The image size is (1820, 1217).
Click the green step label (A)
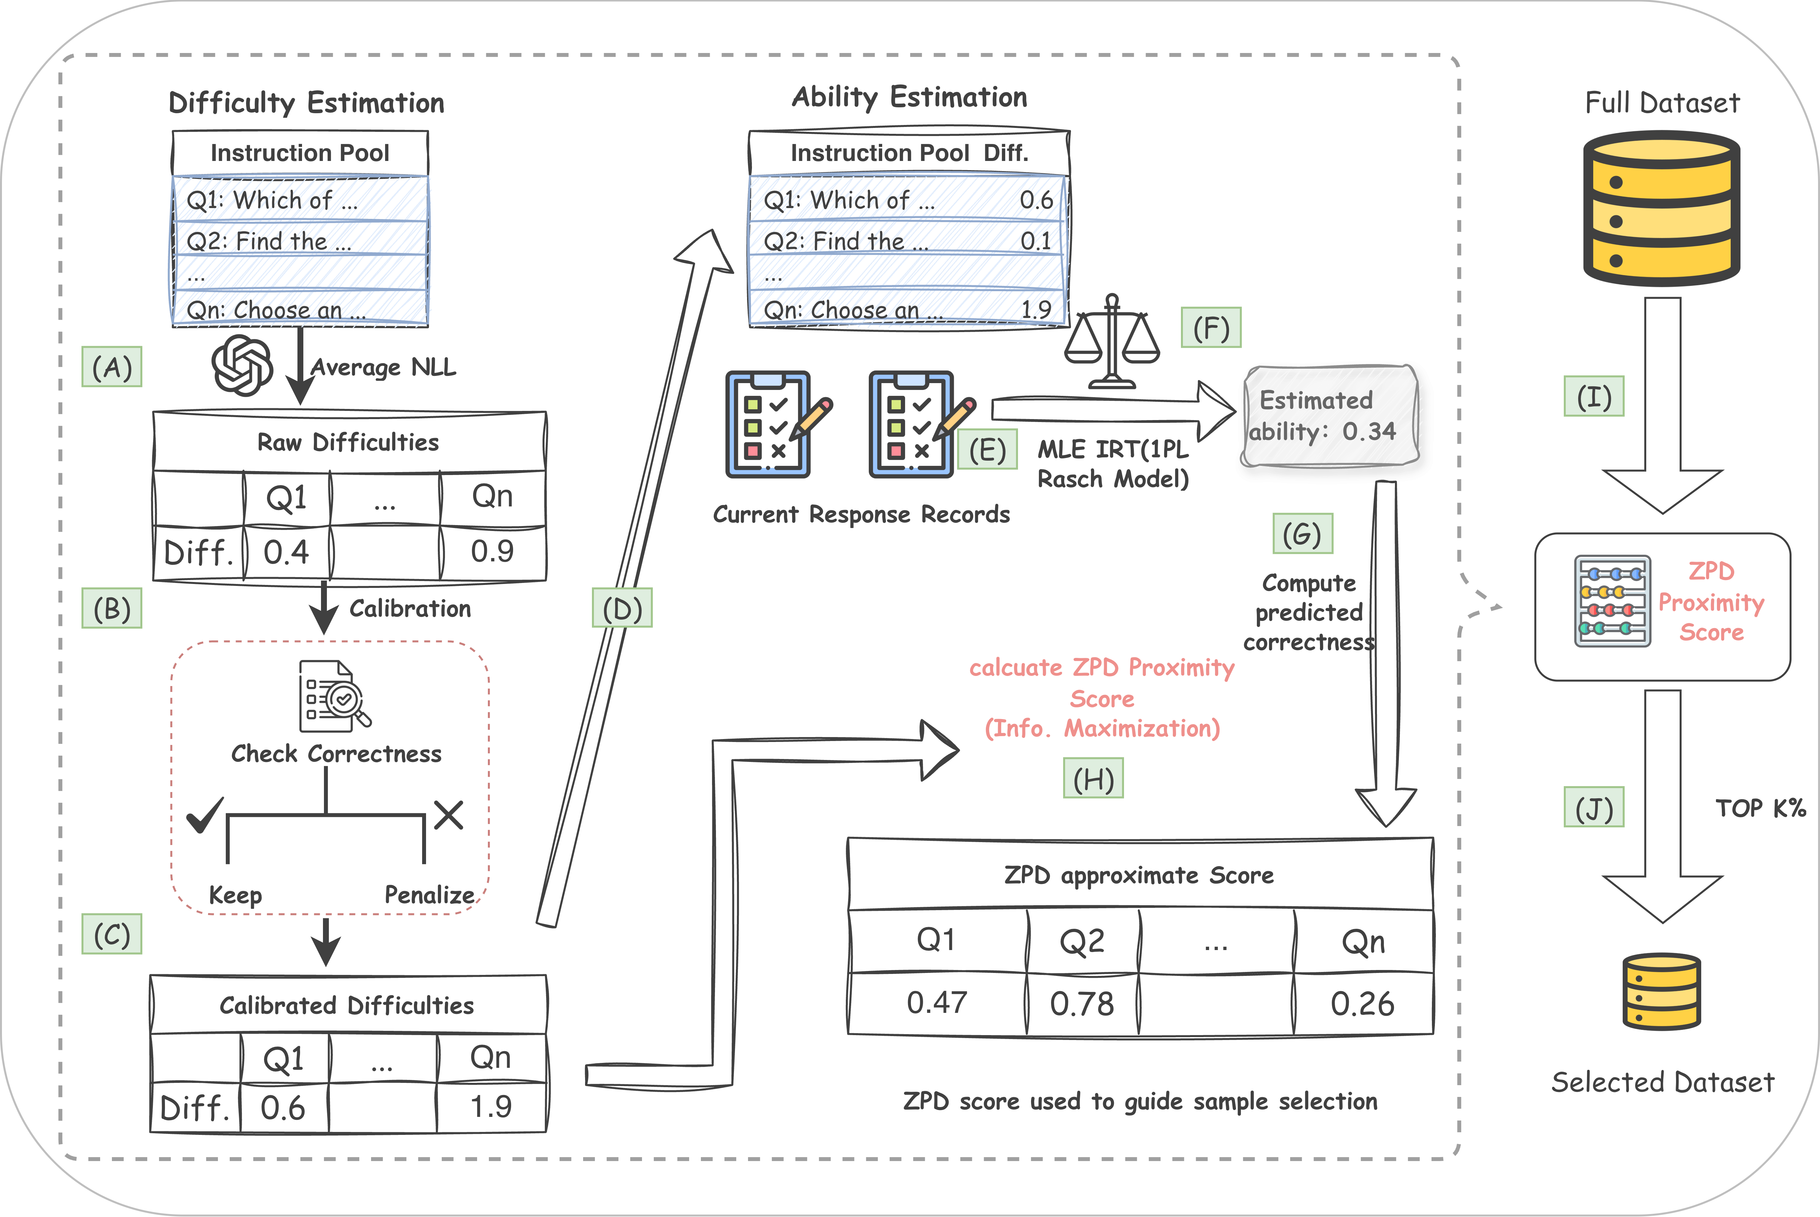tap(112, 367)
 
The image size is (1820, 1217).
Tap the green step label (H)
tap(1093, 779)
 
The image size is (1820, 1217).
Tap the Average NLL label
tap(384, 367)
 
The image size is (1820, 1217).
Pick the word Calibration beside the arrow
tap(410, 608)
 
